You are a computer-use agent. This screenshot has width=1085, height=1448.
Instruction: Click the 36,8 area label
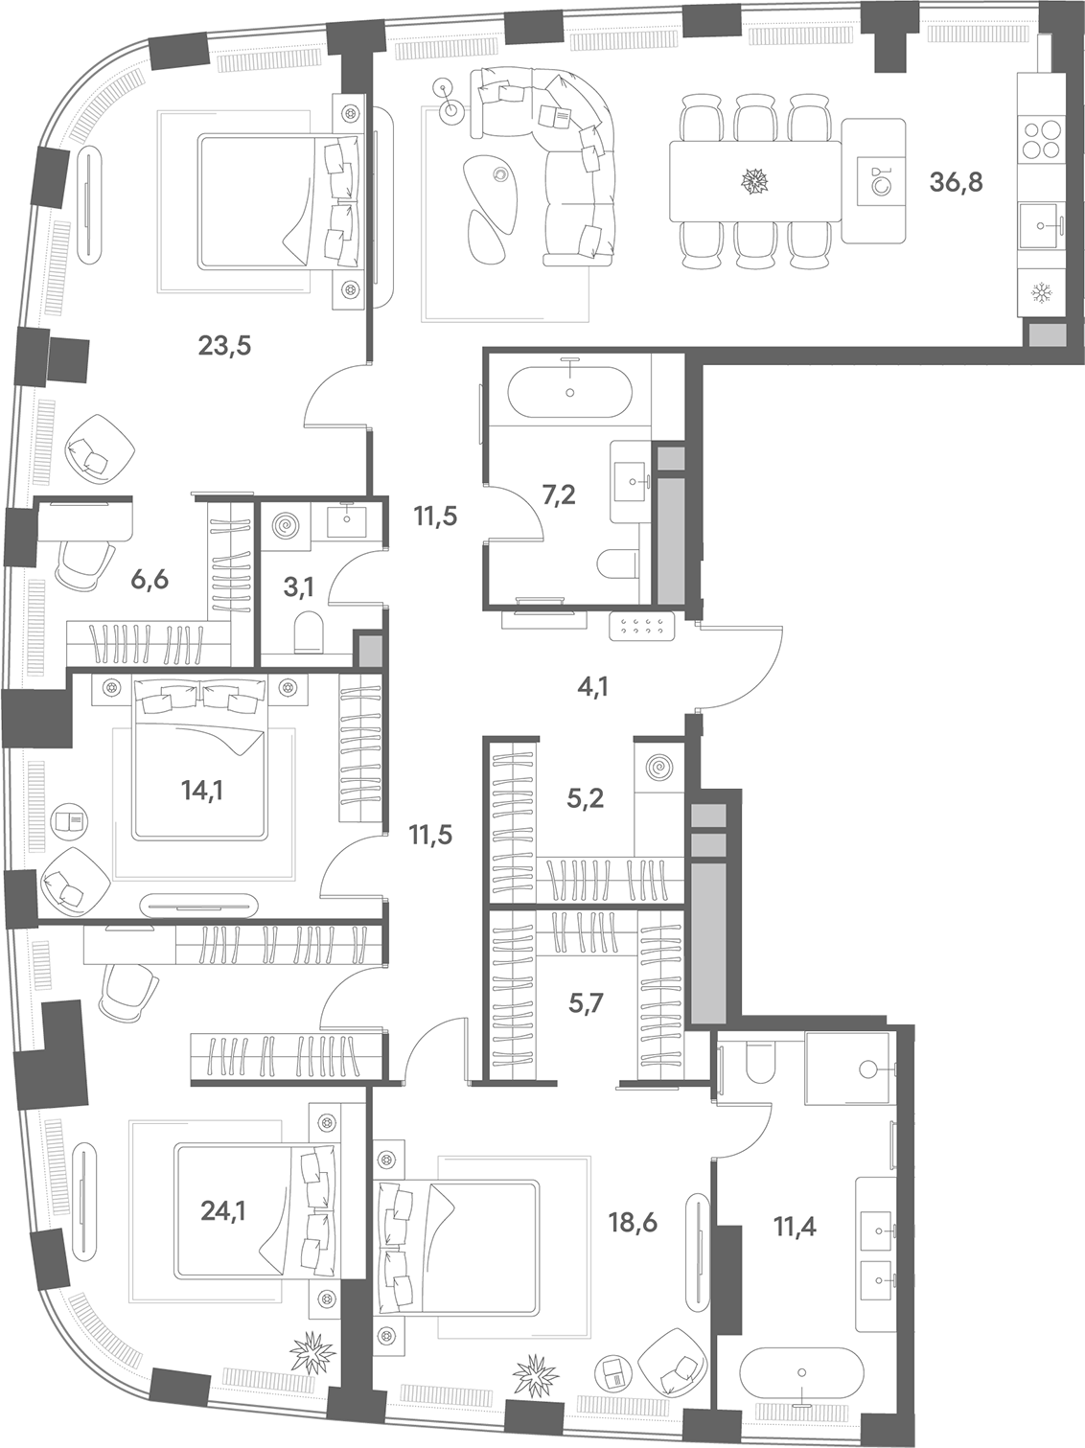(x=956, y=182)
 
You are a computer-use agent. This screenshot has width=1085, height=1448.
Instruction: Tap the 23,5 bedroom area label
(x=225, y=346)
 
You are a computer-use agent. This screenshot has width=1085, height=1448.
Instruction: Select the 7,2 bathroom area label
(x=559, y=494)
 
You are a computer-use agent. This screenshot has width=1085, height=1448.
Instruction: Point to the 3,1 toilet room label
(x=300, y=586)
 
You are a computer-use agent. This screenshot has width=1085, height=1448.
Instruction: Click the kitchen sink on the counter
(x=1041, y=225)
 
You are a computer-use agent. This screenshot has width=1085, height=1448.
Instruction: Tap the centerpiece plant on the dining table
(x=754, y=181)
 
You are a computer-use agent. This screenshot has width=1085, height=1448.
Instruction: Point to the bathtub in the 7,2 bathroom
(x=570, y=392)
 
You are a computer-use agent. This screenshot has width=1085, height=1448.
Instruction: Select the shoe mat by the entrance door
(x=641, y=625)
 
